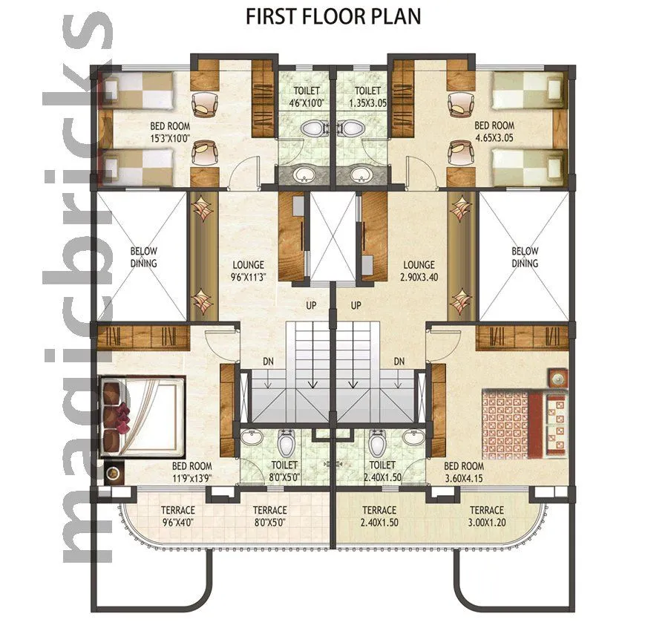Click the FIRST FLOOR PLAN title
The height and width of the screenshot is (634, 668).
click(333, 17)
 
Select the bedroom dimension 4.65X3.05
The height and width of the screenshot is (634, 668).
click(494, 136)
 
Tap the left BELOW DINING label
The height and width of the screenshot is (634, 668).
click(144, 257)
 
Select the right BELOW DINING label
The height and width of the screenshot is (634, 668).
click(525, 257)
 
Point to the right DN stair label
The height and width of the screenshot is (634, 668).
click(399, 362)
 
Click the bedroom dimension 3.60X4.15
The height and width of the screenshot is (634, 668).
click(464, 478)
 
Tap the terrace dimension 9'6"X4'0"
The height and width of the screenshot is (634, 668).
click(177, 522)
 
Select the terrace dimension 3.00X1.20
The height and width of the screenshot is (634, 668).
click(486, 522)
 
